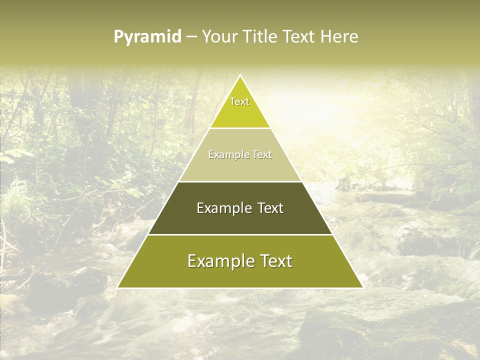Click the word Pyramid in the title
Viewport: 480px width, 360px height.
(x=147, y=37)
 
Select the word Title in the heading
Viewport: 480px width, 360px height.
(x=260, y=37)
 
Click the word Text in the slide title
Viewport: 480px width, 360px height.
(x=299, y=37)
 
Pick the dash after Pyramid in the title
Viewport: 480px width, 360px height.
(x=191, y=37)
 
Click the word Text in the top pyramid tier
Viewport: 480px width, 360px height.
(x=239, y=101)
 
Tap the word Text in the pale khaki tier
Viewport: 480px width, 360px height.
(x=262, y=155)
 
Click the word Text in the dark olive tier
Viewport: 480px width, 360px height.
(x=271, y=208)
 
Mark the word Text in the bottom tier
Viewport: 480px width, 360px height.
(x=276, y=261)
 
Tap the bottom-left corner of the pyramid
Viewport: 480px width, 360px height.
(x=118, y=287)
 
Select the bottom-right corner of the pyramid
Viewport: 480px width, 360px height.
(x=362, y=287)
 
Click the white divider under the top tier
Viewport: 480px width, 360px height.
(x=240, y=128)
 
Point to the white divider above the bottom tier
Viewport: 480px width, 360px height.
(x=240, y=234)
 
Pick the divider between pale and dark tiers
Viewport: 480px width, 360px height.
(x=240, y=181)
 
